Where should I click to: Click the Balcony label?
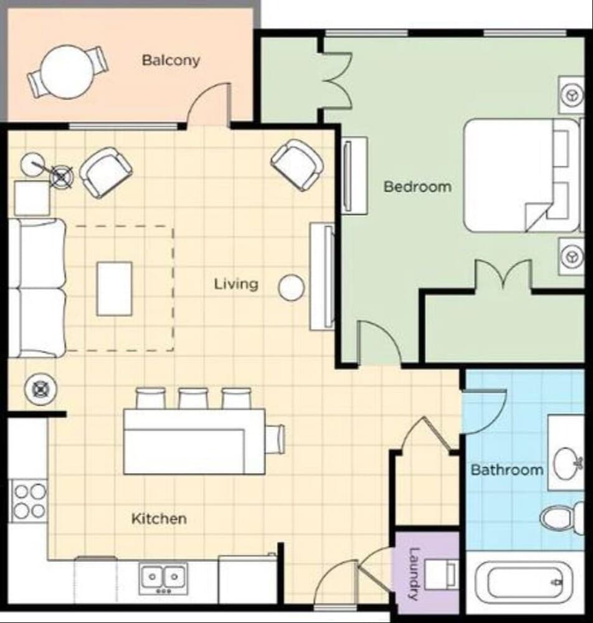tap(171, 60)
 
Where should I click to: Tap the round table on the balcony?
tap(67, 72)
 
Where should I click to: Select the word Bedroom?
tap(417, 186)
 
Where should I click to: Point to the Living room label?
tap(236, 284)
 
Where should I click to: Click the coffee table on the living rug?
tap(114, 288)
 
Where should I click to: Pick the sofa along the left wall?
tap(37, 288)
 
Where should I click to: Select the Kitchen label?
tap(159, 518)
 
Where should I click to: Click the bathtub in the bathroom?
tap(526, 583)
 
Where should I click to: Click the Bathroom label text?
tap(506, 469)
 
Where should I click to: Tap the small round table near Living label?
tap(291, 287)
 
